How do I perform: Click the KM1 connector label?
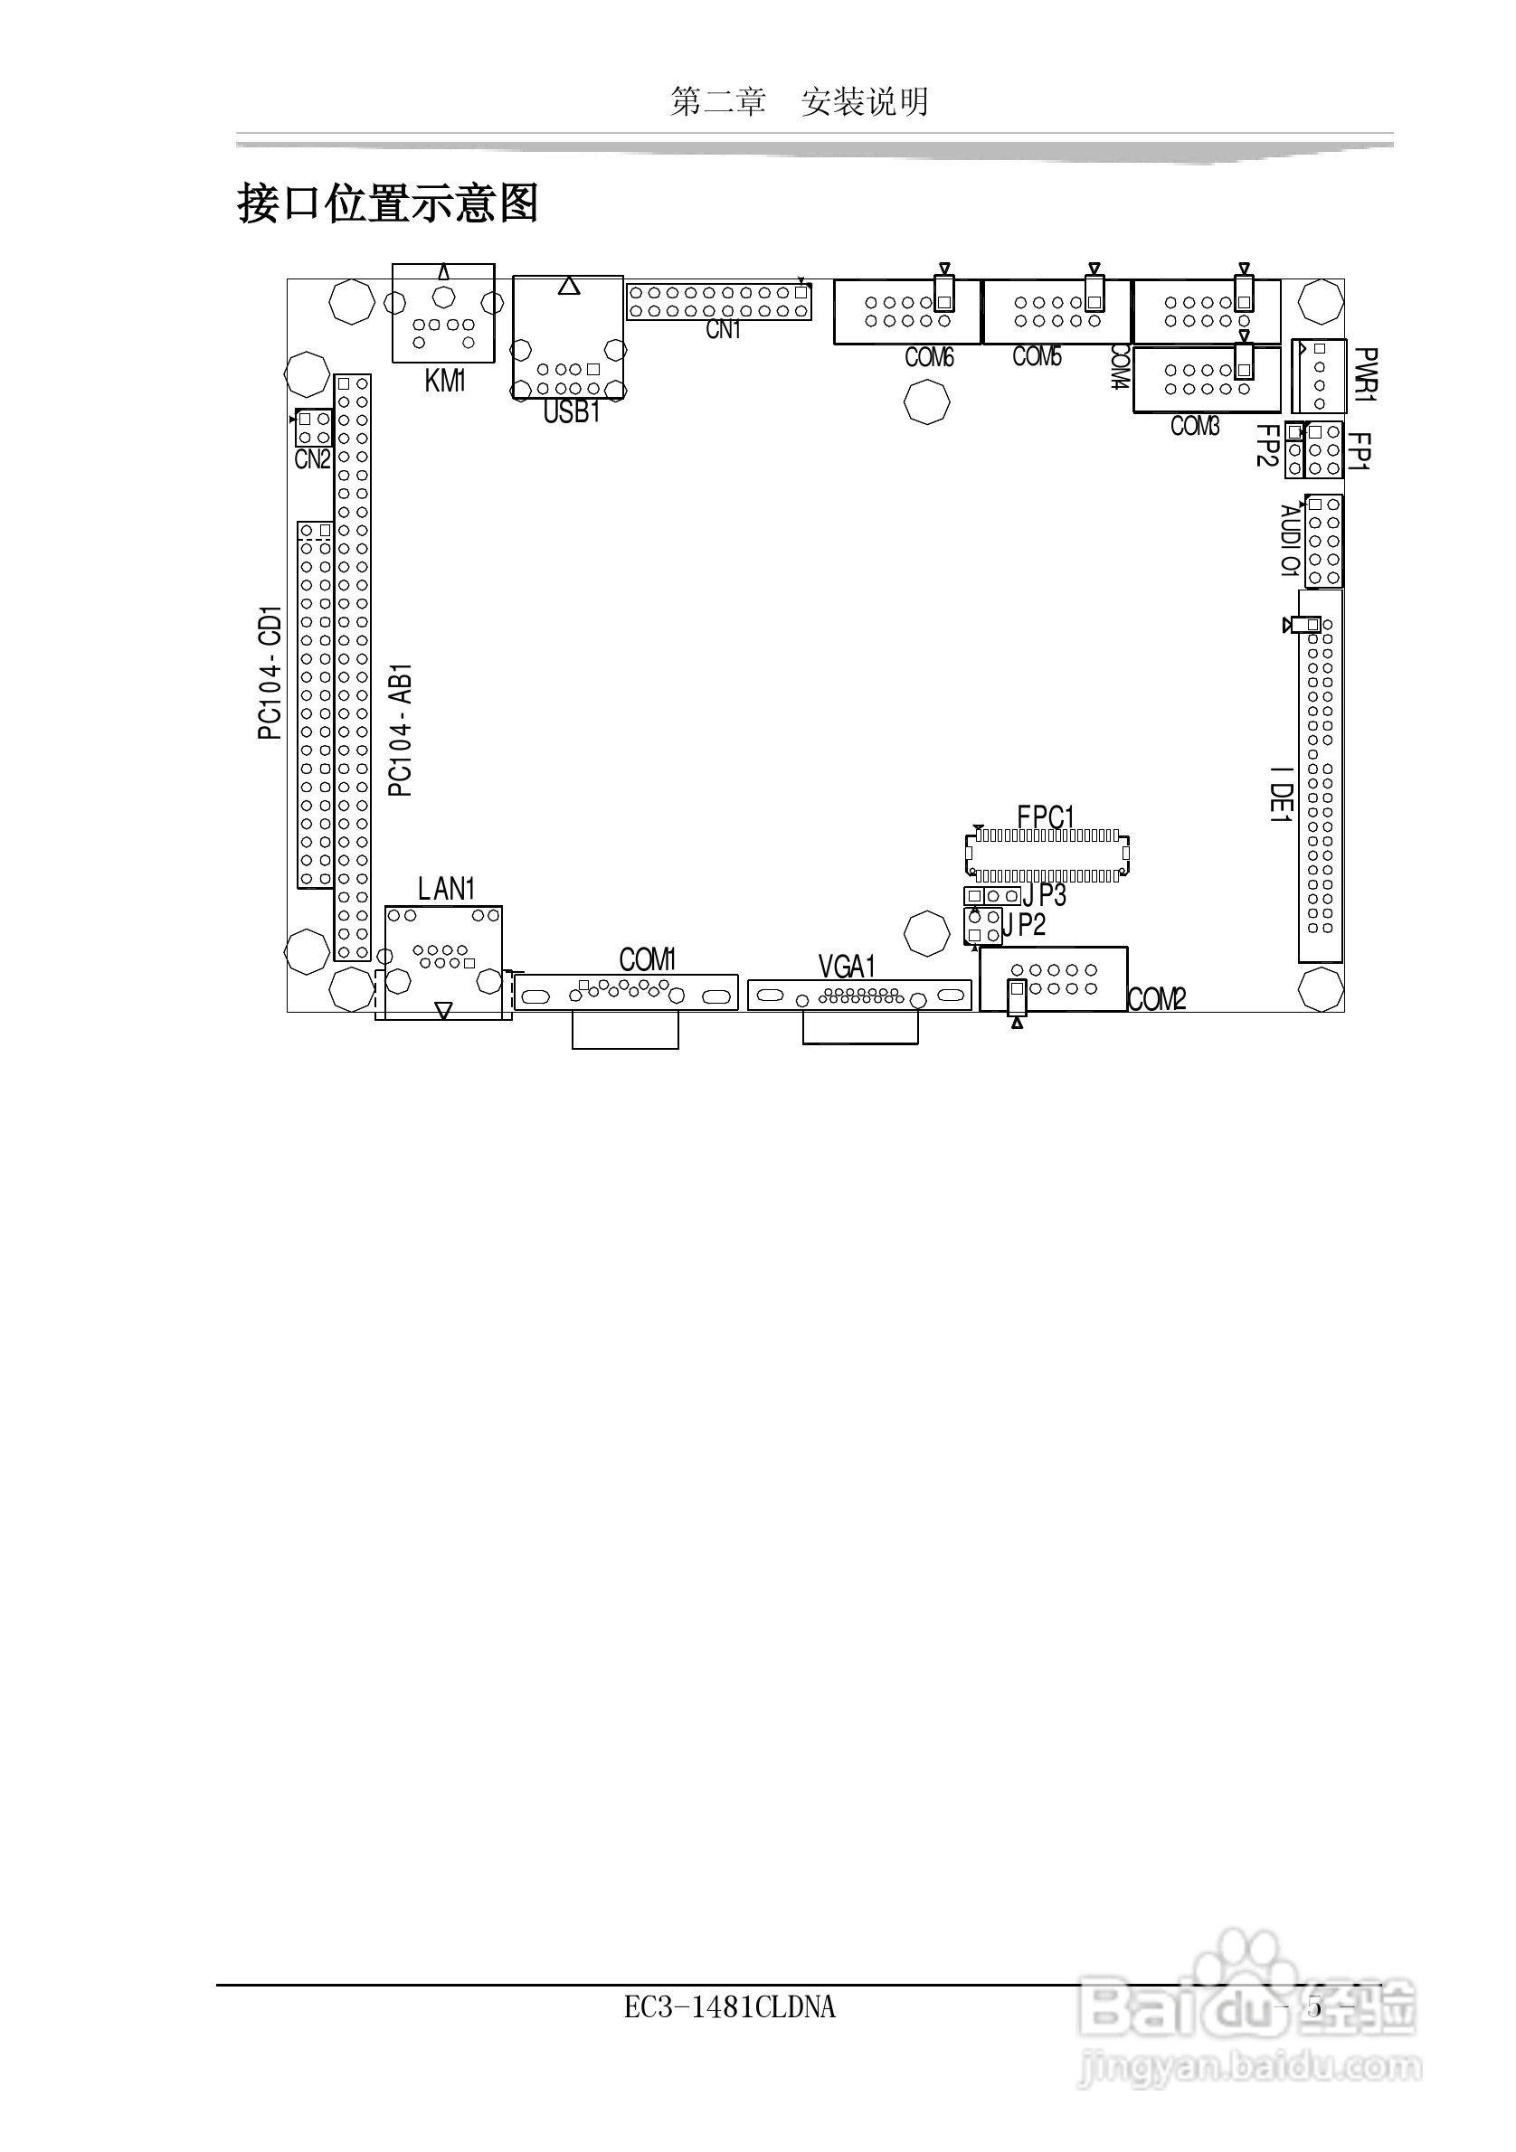tap(445, 381)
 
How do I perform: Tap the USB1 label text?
tap(571, 411)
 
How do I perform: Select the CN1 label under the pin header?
tap(723, 330)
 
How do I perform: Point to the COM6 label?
tap(929, 357)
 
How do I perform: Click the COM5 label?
tap(1037, 356)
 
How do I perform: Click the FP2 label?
tap(1267, 445)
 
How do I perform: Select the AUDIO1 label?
tap(1290, 541)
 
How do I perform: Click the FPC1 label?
tap(1046, 817)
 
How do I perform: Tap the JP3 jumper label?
tap(1045, 895)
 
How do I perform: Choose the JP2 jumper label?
tap(1024, 925)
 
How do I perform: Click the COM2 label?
tap(1157, 1000)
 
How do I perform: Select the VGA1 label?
tap(847, 966)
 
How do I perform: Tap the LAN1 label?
tap(447, 889)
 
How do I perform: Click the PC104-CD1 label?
tap(270, 672)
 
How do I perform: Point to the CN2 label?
tap(312, 459)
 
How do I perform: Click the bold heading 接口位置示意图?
tap(388, 203)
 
